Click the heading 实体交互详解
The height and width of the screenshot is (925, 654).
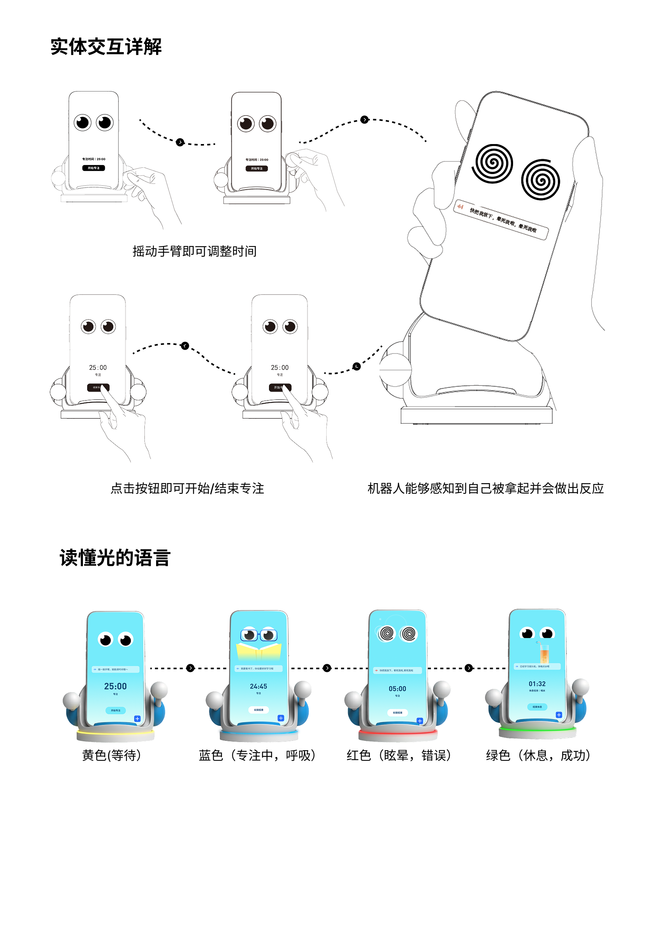(x=105, y=47)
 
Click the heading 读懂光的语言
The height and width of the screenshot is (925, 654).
(x=115, y=558)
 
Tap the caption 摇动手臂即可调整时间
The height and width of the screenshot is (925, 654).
(x=194, y=251)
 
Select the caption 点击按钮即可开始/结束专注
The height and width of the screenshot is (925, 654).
(x=187, y=488)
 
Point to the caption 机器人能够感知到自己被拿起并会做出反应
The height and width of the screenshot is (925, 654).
(x=485, y=488)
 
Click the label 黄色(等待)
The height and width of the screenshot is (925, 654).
(x=112, y=755)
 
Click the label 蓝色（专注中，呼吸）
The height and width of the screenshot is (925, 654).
(x=257, y=755)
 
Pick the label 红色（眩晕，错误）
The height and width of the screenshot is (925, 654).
(x=399, y=755)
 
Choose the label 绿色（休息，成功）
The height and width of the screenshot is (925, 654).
(x=538, y=755)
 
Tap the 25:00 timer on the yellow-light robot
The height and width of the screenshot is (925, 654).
(x=115, y=686)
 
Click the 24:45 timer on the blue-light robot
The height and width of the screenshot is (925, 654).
(x=258, y=686)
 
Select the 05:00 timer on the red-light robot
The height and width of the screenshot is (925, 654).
(x=397, y=689)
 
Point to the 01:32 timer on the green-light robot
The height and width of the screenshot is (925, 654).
(x=537, y=684)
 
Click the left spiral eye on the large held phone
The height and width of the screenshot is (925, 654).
(x=492, y=163)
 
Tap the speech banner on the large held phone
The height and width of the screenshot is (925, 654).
(x=501, y=220)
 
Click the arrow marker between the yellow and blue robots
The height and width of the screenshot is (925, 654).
(x=190, y=668)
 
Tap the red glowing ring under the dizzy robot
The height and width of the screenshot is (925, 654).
(x=398, y=732)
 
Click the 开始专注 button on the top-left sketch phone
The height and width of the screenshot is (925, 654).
(x=93, y=168)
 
